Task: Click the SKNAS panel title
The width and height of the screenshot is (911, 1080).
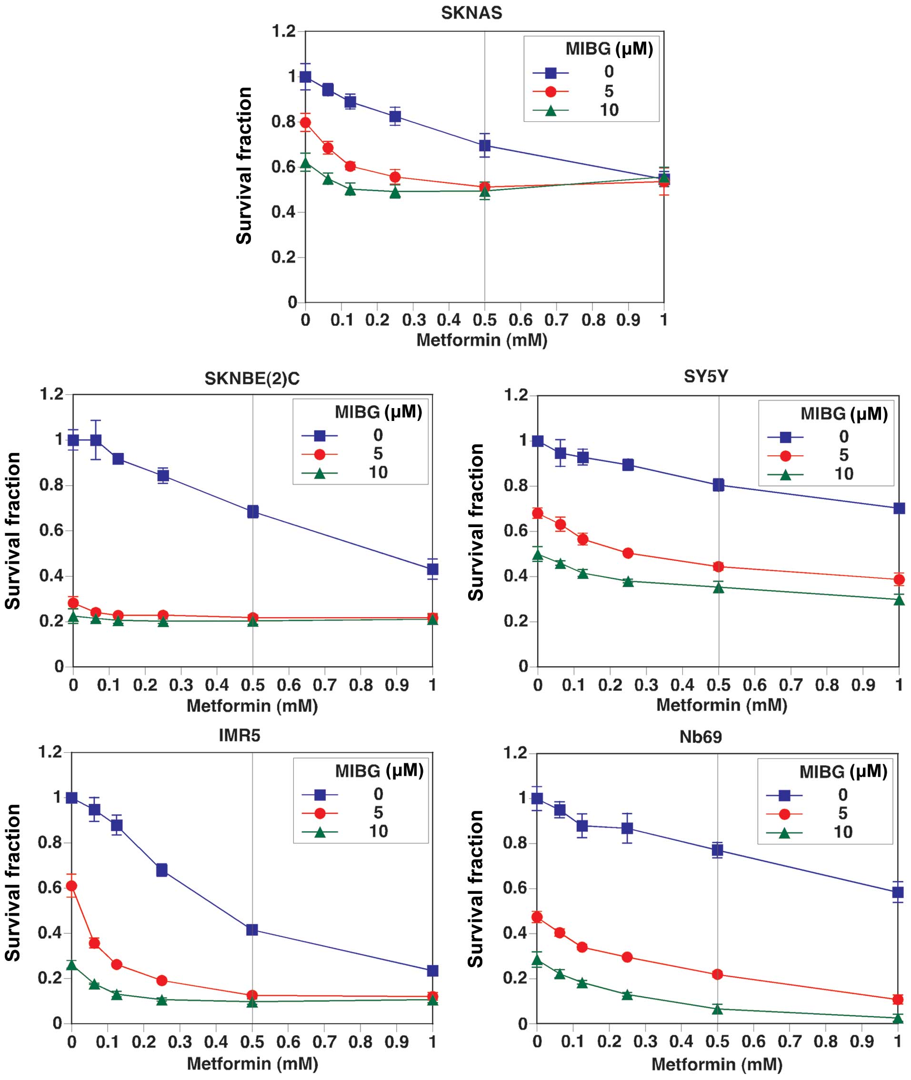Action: (471, 13)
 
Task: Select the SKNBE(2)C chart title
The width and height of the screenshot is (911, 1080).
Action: (251, 379)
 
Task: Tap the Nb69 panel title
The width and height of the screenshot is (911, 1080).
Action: (701, 737)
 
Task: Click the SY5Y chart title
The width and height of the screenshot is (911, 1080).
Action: (705, 377)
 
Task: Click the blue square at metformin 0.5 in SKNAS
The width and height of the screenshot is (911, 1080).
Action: (484, 146)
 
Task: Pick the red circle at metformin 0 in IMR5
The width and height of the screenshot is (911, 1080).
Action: (72, 886)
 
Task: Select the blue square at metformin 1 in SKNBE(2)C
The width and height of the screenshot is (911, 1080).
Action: (432, 569)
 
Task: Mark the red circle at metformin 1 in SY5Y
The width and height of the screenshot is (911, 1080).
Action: (899, 580)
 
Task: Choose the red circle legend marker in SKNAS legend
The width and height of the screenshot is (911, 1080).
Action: (551, 92)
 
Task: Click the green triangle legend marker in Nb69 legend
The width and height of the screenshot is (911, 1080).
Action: (784, 832)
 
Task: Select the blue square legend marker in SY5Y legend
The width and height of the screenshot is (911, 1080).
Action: (785, 438)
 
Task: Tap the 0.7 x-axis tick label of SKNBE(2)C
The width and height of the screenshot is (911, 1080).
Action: (324, 685)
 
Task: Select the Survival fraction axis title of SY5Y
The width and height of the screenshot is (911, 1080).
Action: (476, 522)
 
